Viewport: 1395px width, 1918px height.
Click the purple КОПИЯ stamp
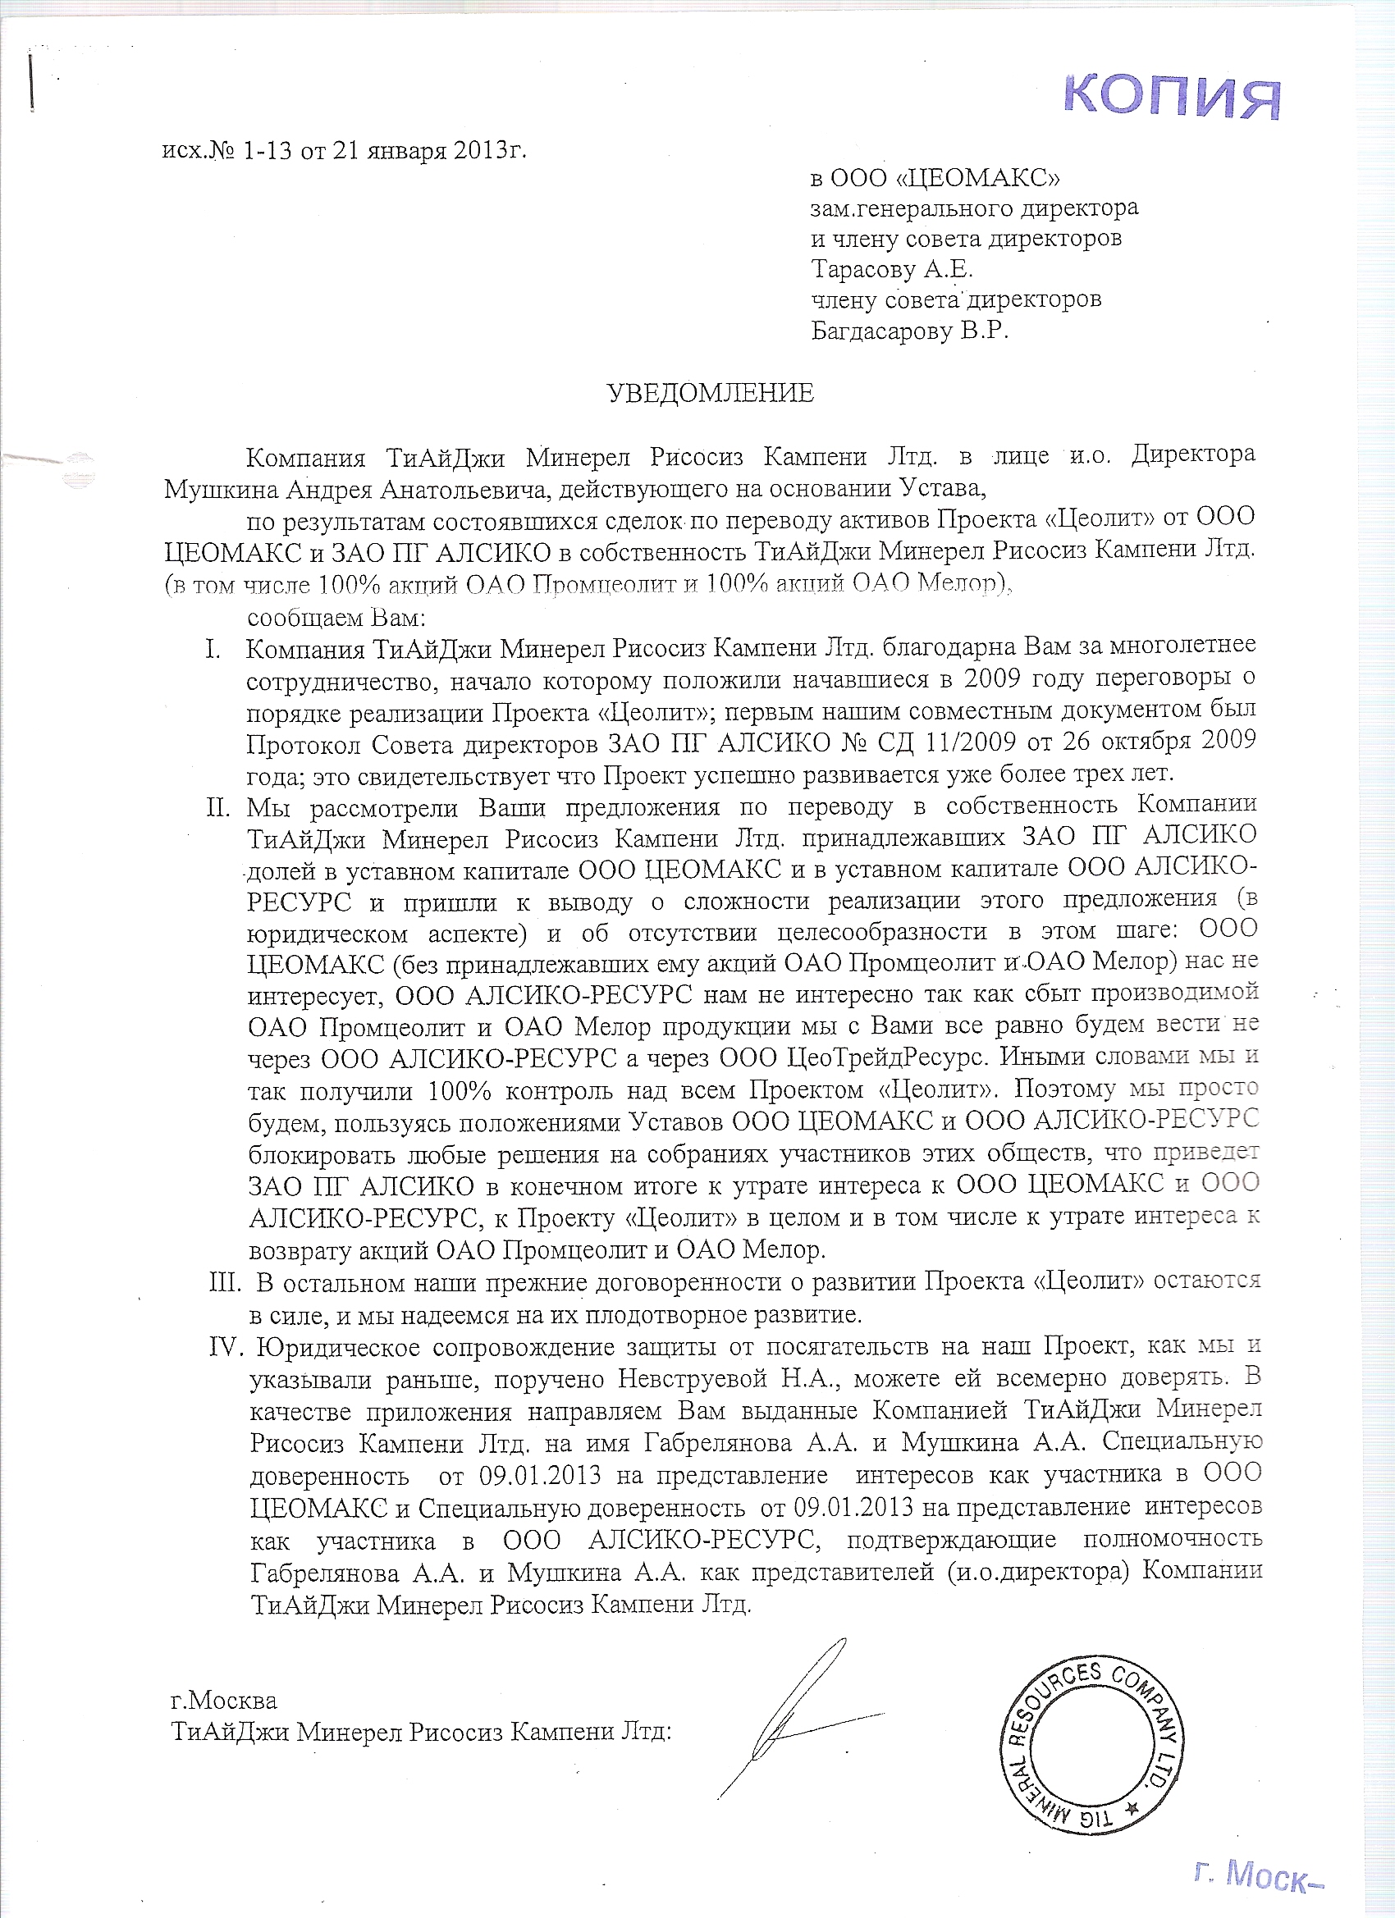click(x=1172, y=98)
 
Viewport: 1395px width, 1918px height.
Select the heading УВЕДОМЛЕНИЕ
click(x=711, y=393)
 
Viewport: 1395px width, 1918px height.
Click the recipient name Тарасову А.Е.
click(x=893, y=271)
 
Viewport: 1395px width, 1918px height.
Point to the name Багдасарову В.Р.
click(x=909, y=331)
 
